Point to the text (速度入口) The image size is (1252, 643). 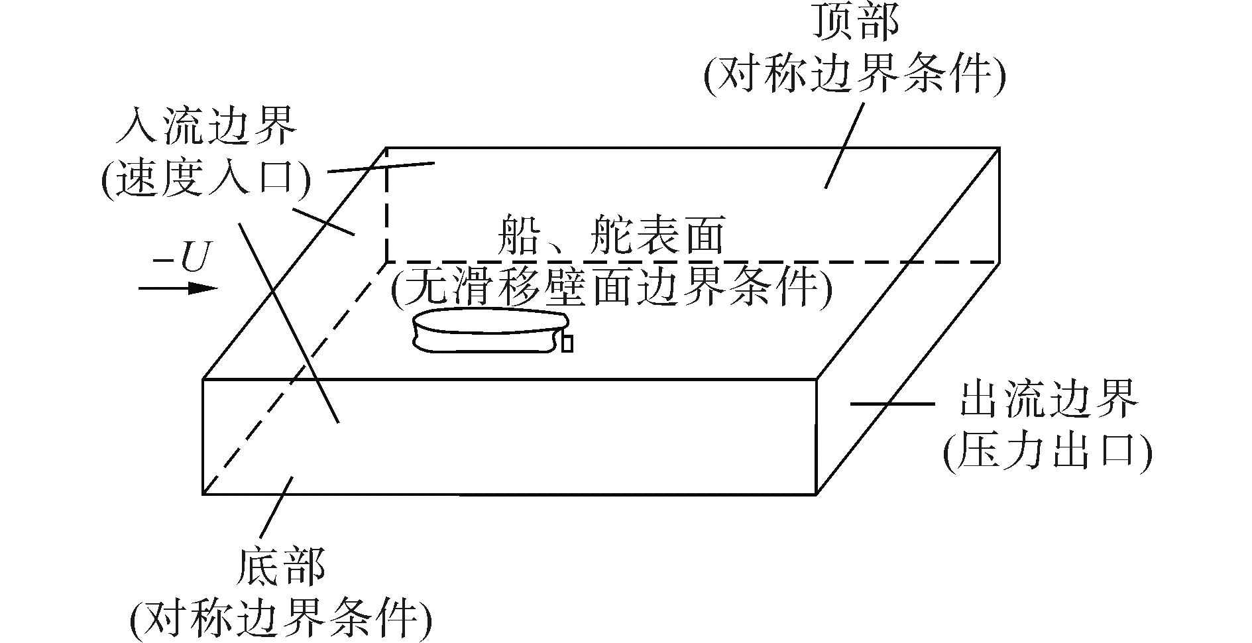205,177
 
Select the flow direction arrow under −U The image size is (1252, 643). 178,288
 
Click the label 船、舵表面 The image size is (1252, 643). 610,235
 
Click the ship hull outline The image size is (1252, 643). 487,331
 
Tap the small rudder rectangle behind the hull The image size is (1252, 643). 567,345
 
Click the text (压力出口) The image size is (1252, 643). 1047,454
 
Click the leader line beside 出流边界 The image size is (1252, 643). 891,403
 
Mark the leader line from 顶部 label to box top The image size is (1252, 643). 845,145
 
